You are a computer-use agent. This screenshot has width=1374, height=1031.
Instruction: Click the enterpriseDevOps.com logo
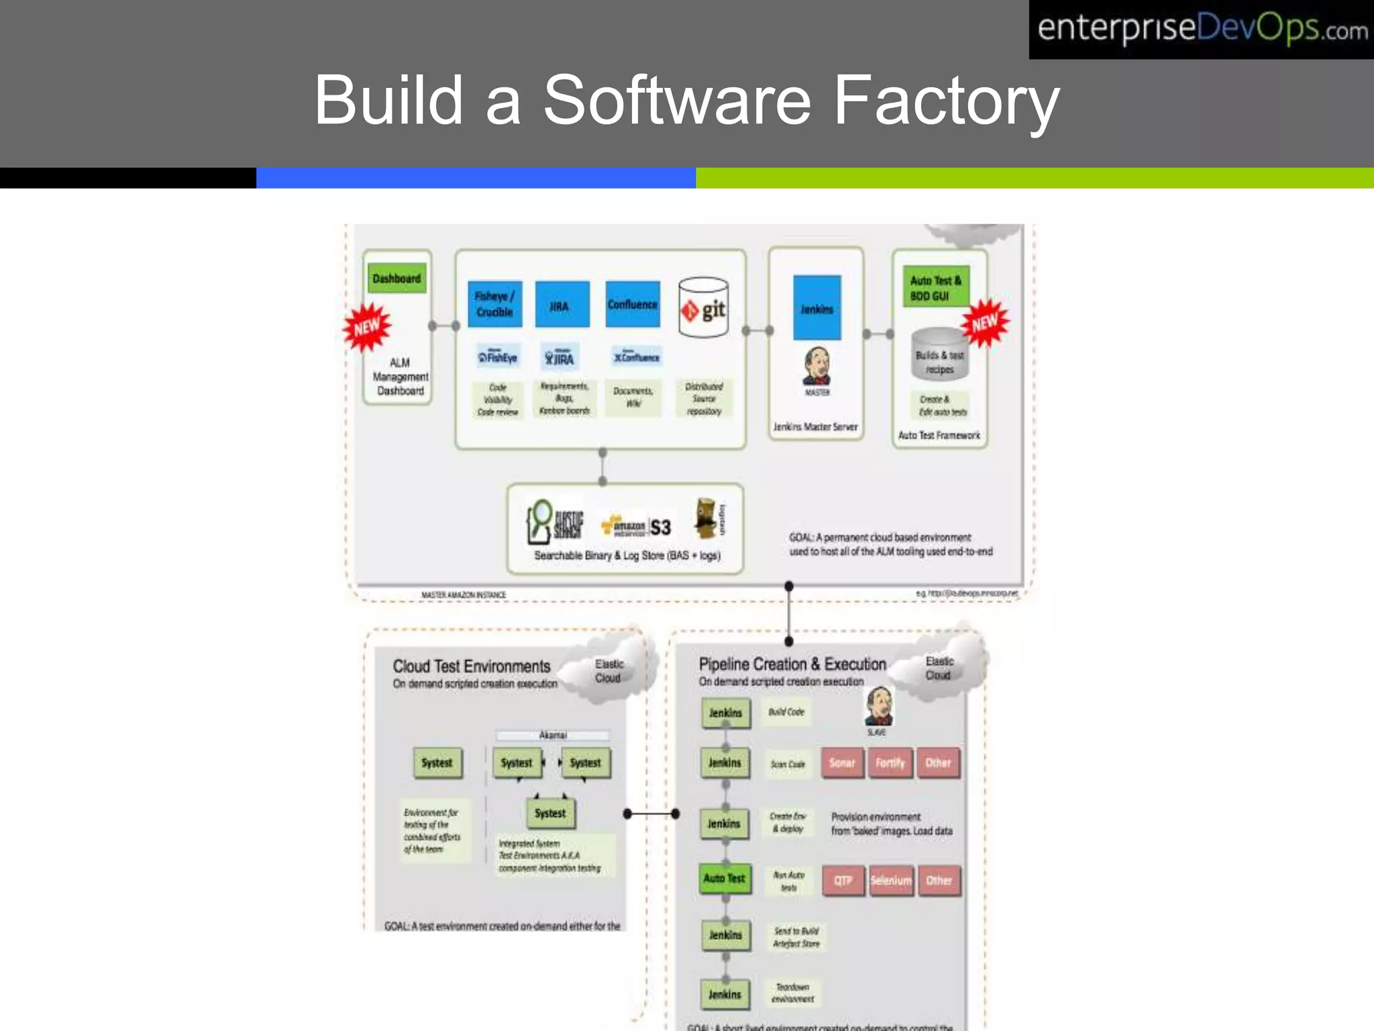point(1201,30)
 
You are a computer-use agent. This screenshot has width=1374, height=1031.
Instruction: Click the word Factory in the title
point(946,101)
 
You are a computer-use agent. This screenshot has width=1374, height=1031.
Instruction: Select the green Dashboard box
point(397,278)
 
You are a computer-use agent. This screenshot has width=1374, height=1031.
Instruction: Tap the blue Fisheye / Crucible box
point(494,304)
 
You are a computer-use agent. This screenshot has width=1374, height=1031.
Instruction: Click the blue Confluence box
point(632,304)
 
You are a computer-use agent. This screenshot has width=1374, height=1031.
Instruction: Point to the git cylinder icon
point(703,307)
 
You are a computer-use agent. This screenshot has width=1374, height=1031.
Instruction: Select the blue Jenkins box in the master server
point(816,308)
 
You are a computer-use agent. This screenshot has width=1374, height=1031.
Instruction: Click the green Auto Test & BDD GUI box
point(935,287)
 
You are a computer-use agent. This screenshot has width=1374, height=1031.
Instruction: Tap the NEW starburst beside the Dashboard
point(366,328)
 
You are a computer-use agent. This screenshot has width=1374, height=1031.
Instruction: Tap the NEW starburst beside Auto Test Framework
point(985,323)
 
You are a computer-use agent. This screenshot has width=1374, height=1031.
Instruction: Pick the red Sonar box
point(842,763)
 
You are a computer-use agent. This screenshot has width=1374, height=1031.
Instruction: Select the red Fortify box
point(890,763)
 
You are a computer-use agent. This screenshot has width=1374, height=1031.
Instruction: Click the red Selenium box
point(890,880)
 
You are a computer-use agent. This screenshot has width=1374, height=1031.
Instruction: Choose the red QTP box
point(843,880)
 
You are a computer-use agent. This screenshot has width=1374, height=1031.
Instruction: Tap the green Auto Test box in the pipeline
point(724,878)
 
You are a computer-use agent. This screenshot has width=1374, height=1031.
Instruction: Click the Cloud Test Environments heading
point(471,666)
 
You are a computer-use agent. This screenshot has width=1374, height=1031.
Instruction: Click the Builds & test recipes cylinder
point(939,354)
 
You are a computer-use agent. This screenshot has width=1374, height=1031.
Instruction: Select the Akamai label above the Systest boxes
point(553,735)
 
